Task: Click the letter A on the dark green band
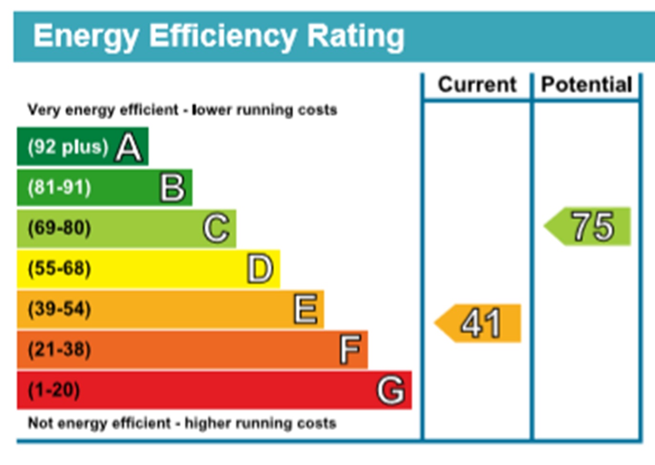coord(129,147)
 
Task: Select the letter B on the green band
coord(172,187)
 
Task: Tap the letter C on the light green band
coord(216,228)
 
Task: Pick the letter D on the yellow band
coord(260,269)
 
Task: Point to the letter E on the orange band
coord(305,309)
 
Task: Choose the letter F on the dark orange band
coord(350,350)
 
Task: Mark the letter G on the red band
coord(391,390)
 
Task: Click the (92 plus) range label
coord(68,147)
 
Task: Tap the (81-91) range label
coord(59,187)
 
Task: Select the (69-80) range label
coord(59,228)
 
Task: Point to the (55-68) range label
coord(59,269)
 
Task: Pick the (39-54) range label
coord(59,309)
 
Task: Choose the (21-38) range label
coord(59,350)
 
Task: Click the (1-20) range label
coord(54,390)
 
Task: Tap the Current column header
coord(477,85)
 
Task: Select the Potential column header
coord(586,85)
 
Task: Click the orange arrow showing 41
coord(479,323)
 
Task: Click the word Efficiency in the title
coord(222,36)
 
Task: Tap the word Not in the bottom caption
coord(40,423)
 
